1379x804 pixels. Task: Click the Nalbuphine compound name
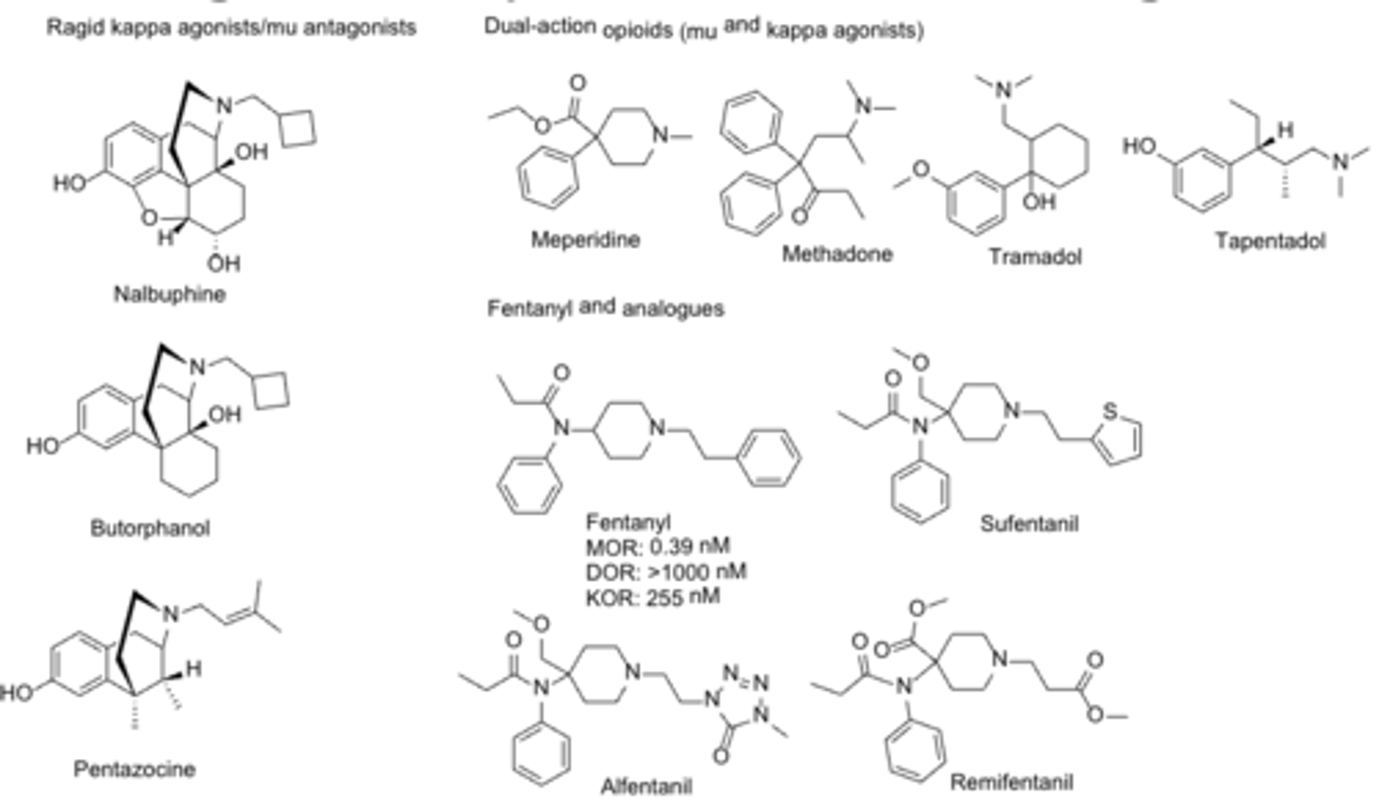pyautogui.click(x=169, y=294)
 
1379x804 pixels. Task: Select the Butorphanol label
pyautogui.click(x=149, y=527)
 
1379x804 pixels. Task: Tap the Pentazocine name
pyautogui.click(x=135, y=769)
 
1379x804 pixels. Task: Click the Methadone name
pyautogui.click(x=837, y=254)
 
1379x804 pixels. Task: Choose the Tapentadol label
pyautogui.click(x=1271, y=240)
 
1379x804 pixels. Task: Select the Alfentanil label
pyautogui.click(x=645, y=787)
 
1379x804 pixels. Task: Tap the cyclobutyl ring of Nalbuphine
pyautogui.click(x=298, y=130)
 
